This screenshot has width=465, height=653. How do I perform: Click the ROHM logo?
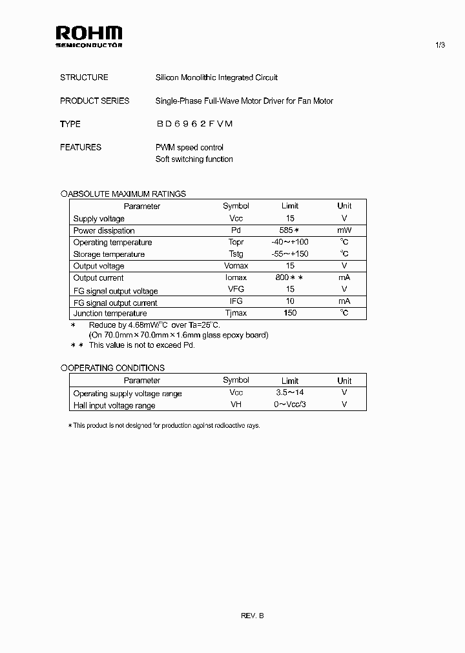coord(88,36)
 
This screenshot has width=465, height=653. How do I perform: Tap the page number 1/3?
coord(440,45)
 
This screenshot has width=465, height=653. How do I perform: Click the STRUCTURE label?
coord(84,77)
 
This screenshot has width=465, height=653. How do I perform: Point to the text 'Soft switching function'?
coord(194,159)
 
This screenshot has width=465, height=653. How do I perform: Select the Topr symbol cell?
coord(236,242)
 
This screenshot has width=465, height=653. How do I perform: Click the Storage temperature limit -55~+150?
coord(290,254)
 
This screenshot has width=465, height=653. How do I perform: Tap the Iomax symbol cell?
coord(236,277)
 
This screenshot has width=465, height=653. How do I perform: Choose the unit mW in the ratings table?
coord(344,230)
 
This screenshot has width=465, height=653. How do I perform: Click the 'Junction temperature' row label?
coord(106,313)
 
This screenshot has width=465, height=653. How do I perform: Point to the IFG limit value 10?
coord(290,301)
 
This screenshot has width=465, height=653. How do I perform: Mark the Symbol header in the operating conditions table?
coord(236,381)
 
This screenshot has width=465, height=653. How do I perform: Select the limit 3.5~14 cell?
coord(290,393)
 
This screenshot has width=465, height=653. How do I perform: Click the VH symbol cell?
coord(236,405)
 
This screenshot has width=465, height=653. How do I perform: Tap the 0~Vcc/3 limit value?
coord(290,405)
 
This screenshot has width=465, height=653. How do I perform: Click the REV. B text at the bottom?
coord(253,616)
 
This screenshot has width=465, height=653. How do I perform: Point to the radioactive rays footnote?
coord(164,426)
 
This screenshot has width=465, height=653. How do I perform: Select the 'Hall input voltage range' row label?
coord(114,405)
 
